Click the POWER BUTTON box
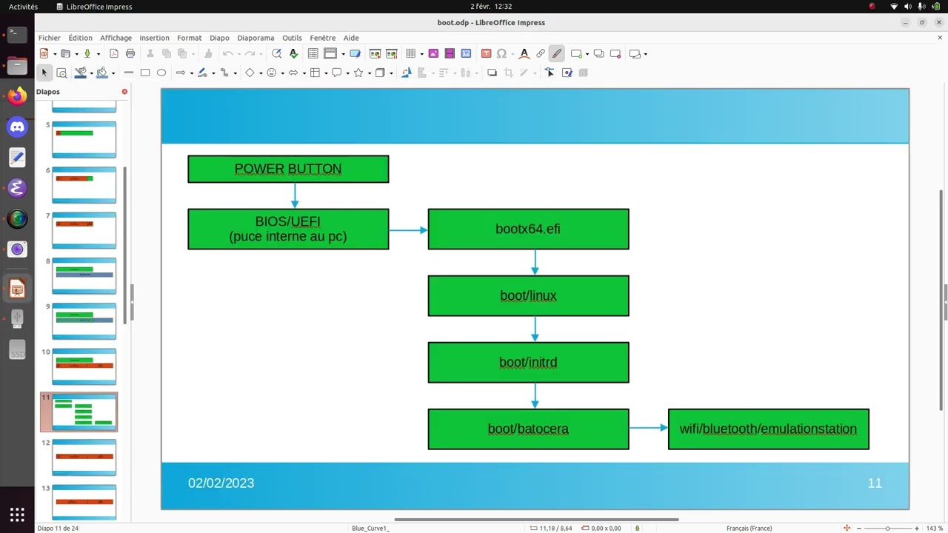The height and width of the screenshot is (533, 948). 288,169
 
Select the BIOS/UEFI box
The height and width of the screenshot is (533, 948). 288,229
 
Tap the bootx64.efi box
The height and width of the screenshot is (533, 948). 528,229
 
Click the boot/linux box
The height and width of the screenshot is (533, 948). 528,295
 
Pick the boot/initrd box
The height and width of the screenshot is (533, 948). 528,362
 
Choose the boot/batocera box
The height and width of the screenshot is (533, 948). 528,429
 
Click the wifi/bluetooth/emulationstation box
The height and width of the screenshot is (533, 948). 768,429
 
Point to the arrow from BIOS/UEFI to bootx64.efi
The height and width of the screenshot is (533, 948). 408,230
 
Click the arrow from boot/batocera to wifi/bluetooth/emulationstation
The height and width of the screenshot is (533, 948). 648,427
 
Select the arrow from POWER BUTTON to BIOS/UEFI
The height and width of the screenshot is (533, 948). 295,195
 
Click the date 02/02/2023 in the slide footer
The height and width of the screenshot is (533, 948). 221,483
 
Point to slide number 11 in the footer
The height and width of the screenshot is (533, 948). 875,483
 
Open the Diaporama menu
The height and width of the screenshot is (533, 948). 256,38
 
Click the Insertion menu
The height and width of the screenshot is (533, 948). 154,38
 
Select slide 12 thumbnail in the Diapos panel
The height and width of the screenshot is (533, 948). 84,457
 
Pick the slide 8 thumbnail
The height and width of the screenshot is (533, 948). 84,275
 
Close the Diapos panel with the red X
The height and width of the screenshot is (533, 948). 124,92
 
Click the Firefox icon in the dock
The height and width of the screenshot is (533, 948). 17,96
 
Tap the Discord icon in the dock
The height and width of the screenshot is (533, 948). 17,127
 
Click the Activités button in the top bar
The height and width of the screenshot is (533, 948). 23,7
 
